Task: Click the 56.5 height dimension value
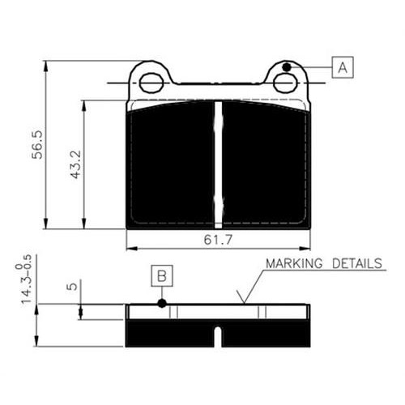[x=37, y=145]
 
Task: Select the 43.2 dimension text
[x=75, y=164]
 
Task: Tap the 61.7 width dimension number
[x=218, y=239]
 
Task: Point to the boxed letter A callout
[x=343, y=67]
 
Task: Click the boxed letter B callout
[x=162, y=275]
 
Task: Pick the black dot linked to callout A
[x=287, y=67]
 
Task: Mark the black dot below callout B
[x=162, y=303]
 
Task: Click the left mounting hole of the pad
[x=151, y=83]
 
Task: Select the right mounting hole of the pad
[x=285, y=83]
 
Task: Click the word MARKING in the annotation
[x=294, y=263]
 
